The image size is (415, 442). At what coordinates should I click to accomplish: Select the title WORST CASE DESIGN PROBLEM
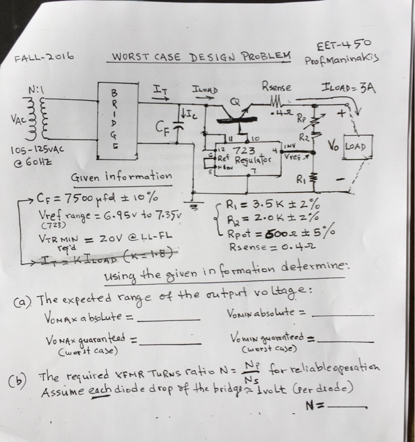tap(201, 57)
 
